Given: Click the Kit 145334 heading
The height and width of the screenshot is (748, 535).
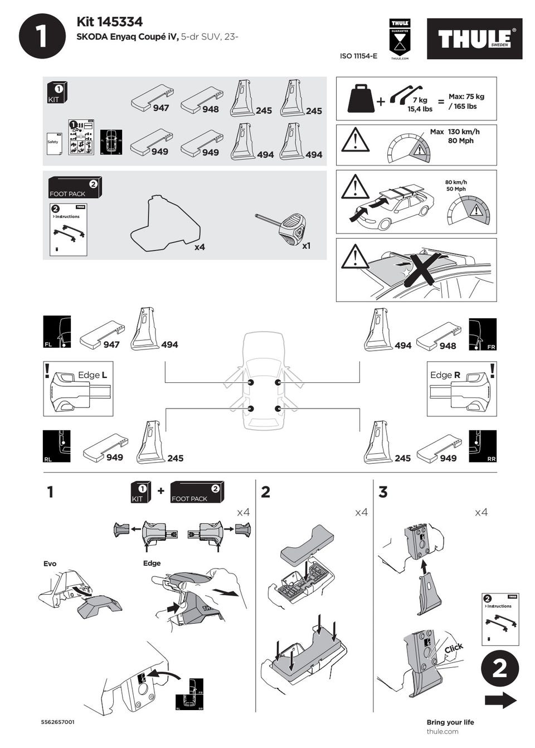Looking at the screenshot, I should [109, 22].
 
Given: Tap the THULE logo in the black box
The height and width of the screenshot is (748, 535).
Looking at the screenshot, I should [474, 39].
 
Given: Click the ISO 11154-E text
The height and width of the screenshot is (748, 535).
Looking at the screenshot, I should [358, 56].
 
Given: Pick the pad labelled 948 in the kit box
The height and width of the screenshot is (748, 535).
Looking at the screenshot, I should [201, 99].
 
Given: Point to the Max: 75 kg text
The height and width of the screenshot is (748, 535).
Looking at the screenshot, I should [466, 96].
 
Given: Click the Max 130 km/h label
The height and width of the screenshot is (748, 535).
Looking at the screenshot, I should [455, 132].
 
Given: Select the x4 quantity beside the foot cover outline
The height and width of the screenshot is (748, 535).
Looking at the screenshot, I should [200, 247].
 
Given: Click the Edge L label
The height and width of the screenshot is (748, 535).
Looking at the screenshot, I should [93, 375].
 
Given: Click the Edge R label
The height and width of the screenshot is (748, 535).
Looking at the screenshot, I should [445, 375].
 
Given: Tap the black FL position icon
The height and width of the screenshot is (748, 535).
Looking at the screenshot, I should [57, 332].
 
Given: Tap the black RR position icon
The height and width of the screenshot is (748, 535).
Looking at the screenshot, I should [483, 446].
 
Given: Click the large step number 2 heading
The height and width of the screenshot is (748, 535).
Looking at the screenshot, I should [266, 492].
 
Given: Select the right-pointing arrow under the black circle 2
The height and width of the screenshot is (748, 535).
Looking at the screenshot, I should [500, 701].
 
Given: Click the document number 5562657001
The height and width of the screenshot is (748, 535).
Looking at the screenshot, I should [58, 722].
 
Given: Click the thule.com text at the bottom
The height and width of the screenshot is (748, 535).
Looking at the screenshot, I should [442, 731].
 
